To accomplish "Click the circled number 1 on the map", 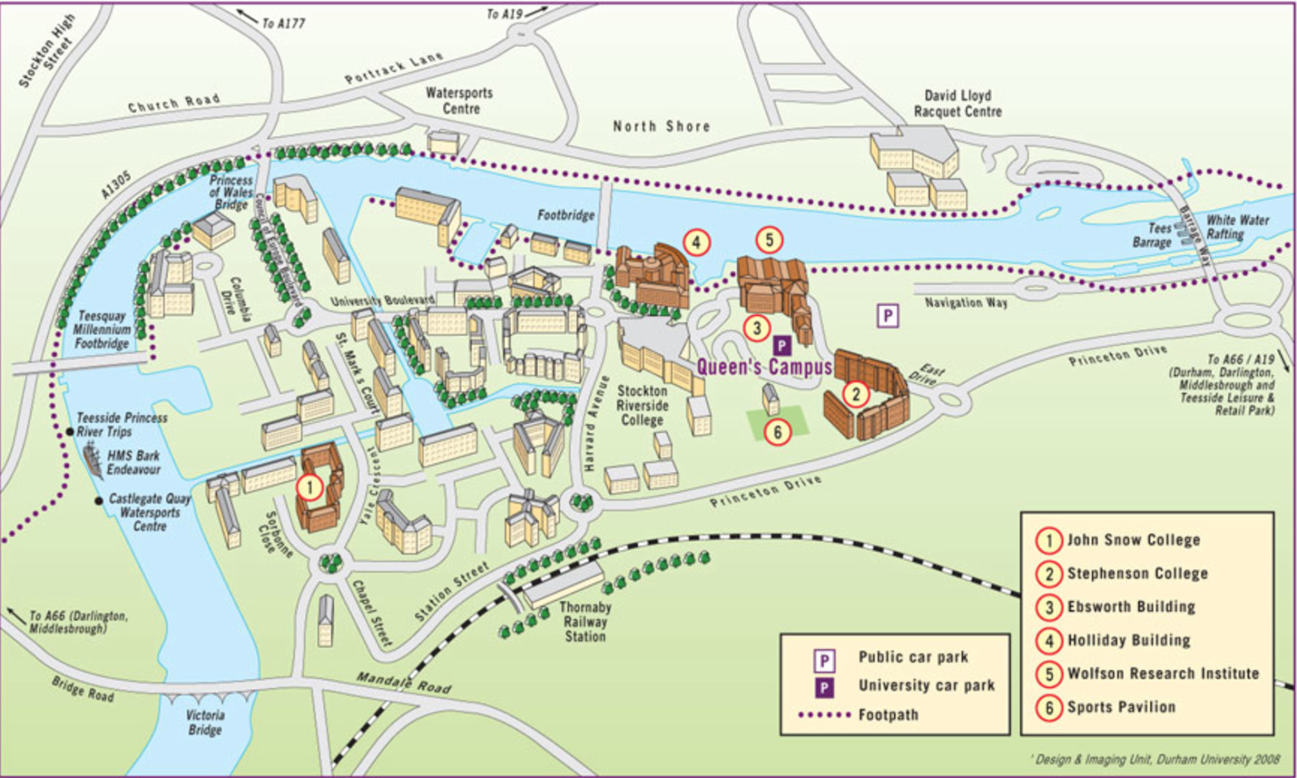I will coord(310,488).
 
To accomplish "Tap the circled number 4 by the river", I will coord(696,242).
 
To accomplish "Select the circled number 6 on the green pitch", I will coord(777,432).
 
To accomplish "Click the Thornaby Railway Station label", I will coord(584,622).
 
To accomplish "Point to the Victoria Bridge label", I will coord(205,722).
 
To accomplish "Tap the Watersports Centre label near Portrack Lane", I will coord(460,101).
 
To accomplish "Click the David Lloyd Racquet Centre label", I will coord(957,104).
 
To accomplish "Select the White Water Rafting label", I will coord(1237,227).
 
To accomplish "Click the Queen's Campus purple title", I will coord(764,368).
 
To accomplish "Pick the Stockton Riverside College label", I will coord(642,406).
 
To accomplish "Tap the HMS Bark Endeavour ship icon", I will coord(93,461).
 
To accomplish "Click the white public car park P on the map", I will coord(888,316).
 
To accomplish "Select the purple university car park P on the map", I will coord(781,346).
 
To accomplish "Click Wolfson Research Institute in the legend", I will coord(1162,673).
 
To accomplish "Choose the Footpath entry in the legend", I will coord(888,715).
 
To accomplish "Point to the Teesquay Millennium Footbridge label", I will coord(102,330).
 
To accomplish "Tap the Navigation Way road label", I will coord(966,303).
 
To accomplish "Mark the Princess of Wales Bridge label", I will coord(231,192).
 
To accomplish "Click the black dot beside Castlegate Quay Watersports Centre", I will coord(100,500).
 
